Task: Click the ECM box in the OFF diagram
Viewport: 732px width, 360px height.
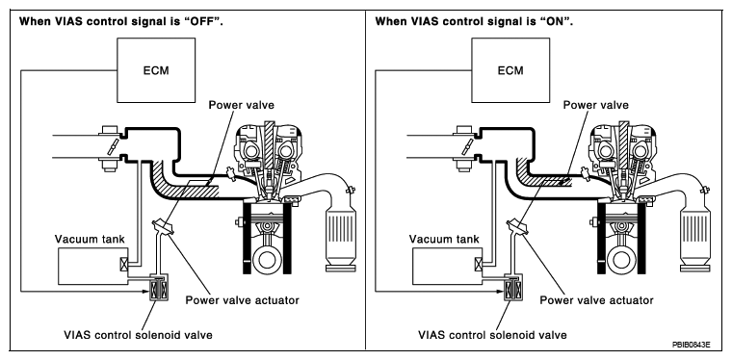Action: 156,70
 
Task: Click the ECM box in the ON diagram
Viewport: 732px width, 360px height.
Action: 510,70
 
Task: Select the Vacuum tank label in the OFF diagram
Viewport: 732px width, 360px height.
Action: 90,240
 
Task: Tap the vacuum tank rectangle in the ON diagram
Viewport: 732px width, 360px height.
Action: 447,266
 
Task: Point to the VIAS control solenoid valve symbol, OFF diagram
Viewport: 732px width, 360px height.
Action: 160,289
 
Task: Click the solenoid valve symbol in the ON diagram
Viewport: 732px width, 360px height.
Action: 514,289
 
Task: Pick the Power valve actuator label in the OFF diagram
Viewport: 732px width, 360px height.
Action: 243,300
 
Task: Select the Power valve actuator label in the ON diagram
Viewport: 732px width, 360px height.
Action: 596,300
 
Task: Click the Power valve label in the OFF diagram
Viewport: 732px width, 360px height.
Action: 242,105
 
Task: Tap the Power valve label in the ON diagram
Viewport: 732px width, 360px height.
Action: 595,105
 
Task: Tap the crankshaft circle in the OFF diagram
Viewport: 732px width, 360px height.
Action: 267,260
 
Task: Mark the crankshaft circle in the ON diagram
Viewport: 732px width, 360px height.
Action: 621,260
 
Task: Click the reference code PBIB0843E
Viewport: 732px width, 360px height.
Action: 691,345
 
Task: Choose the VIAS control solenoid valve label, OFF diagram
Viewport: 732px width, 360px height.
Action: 138,335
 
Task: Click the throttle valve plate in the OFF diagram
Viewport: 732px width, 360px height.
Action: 112,147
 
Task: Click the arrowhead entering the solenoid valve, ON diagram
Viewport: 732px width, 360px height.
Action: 500,293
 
